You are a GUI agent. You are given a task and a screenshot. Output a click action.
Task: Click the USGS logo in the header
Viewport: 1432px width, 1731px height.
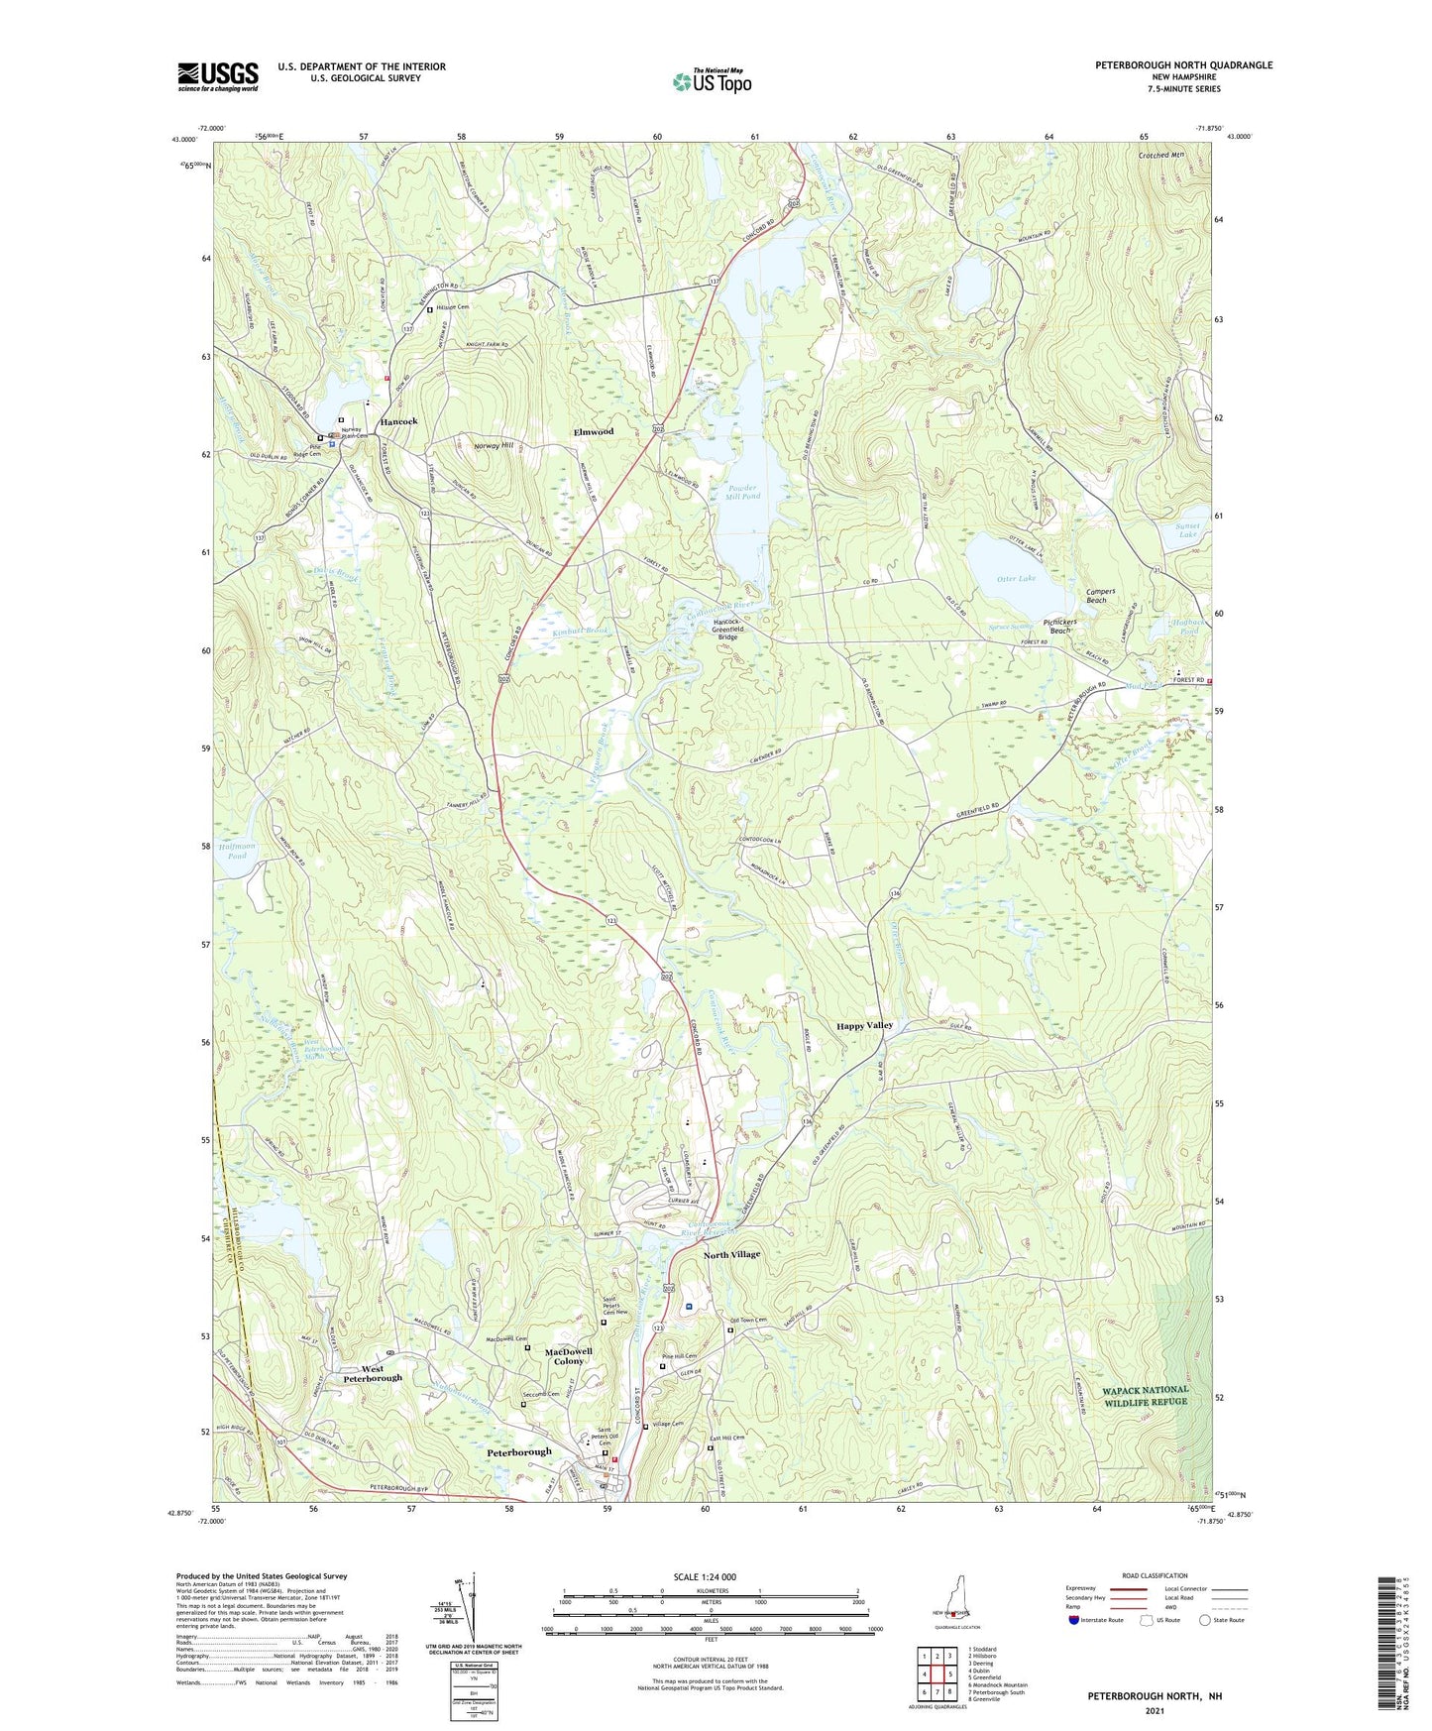tap(218, 75)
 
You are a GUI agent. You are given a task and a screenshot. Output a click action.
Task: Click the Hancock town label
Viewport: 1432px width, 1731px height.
tap(399, 421)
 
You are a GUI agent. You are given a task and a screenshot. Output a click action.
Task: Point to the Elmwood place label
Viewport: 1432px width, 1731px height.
tap(594, 431)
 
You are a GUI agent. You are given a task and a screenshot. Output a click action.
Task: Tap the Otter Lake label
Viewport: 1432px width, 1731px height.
tap(1015, 578)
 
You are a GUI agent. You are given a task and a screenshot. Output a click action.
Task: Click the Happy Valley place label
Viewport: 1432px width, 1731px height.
tap(864, 1025)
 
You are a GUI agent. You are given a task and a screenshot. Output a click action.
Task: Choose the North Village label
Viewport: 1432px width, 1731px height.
tap(731, 1254)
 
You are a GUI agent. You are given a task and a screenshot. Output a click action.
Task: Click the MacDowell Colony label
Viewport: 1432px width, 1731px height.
tap(569, 1356)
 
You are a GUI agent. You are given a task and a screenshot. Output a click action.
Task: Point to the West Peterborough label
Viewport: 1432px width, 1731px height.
tap(373, 1373)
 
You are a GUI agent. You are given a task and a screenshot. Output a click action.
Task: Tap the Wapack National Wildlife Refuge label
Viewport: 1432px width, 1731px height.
tap(1145, 1395)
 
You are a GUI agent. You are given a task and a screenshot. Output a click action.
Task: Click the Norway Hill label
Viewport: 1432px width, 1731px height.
tap(494, 445)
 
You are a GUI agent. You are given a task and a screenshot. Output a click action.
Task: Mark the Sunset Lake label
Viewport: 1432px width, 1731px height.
tap(1187, 529)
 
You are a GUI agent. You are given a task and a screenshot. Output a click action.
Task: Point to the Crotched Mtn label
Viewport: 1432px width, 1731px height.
tap(1161, 155)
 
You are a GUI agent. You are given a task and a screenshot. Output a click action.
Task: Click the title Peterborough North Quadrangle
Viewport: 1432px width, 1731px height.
tap(1183, 65)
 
